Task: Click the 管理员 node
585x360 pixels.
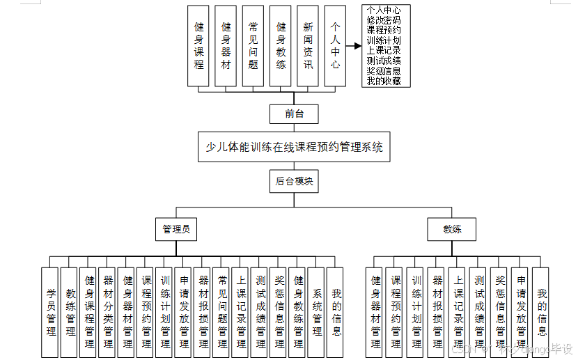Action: click(x=176, y=228)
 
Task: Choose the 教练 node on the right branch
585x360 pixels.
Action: click(x=452, y=228)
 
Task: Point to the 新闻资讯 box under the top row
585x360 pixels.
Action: click(x=308, y=46)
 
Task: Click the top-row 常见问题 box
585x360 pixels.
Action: click(x=253, y=46)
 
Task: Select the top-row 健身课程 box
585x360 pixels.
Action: click(x=198, y=46)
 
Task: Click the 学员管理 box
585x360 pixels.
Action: click(x=51, y=312)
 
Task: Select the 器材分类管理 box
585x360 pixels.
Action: click(x=108, y=312)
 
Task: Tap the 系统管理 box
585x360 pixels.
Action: click(x=317, y=312)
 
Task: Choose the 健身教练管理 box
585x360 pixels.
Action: click(x=298, y=312)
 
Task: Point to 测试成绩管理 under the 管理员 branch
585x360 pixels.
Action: click(x=260, y=312)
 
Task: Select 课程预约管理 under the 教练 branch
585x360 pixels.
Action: click(x=396, y=312)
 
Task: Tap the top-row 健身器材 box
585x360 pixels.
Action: click(x=226, y=46)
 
